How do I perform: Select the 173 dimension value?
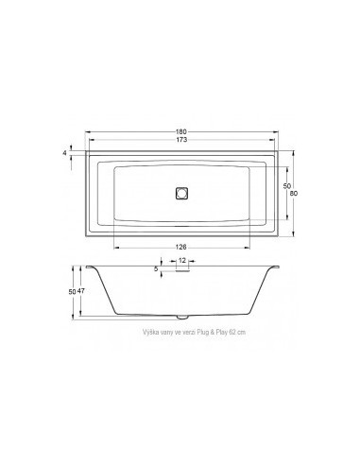[x=180, y=139]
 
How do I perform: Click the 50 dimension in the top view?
[x=284, y=186]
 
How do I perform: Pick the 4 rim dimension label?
[x=65, y=151]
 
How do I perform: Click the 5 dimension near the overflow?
[x=156, y=269]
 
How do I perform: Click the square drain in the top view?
[x=180, y=194]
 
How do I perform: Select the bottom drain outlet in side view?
[x=180, y=313]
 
